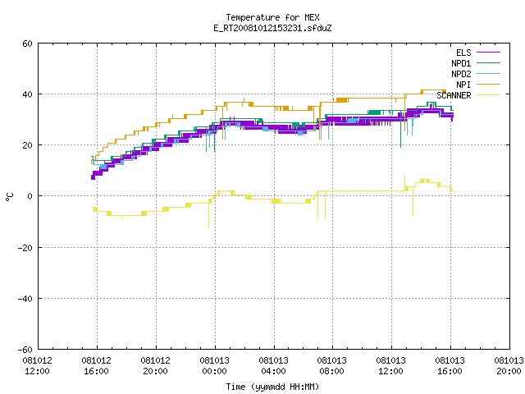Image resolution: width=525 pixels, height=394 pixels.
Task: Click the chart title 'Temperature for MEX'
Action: pyautogui.click(x=272, y=17)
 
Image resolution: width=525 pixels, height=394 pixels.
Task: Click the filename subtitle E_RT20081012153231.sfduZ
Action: pyautogui.click(x=272, y=28)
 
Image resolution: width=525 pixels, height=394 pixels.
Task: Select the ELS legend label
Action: pyautogui.click(x=463, y=53)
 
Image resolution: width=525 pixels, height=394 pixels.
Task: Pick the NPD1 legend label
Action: pyautogui.click(x=461, y=63)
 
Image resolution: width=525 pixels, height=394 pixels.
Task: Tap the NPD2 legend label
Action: pyautogui.click(x=461, y=74)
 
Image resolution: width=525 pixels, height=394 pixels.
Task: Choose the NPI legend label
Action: pyautogui.click(x=463, y=85)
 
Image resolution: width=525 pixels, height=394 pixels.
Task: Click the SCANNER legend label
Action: pyautogui.click(x=454, y=95)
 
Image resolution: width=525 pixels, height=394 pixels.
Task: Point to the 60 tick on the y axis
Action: pyautogui.click(x=27, y=44)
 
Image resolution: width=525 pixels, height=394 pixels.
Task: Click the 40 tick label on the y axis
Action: pyautogui.click(x=27, y=94)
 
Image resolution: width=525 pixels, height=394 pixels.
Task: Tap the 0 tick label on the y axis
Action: pyautogui.click(x=30, y=196)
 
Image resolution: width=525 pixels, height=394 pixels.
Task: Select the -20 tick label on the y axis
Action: pyautogui.click(x=25, y=248)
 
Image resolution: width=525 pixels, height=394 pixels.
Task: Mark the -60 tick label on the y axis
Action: pyautogui.click(x=25, y=350)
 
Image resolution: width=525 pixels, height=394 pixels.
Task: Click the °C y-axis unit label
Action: pyautogui.click(x=10, y=197)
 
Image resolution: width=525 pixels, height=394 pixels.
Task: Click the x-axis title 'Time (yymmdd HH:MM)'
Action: pyautogui.click(x=272, y=387)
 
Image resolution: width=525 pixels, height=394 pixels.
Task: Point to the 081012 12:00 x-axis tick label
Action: pyautogui.click(x=38, y=366)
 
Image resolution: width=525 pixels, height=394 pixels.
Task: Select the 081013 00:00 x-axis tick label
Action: pyautogui.click(x=215, y=366)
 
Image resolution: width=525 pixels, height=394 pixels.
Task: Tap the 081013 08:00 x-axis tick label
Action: pyautogui.click(x=332, y=366)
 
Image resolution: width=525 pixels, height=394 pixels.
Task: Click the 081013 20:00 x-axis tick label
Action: pyautogui.click(x=509, y=366)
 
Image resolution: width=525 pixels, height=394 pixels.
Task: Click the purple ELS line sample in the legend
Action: pyautogui.click(x=488, y=53)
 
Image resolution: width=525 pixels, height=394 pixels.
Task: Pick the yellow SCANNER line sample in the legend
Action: pyautogui.click(x=488, y=95)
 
